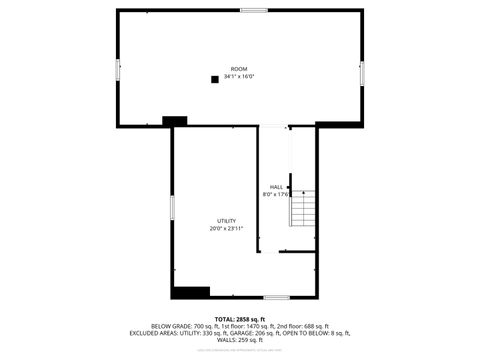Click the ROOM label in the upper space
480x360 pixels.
click(239, 68)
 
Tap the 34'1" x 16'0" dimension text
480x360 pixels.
click(239, 76)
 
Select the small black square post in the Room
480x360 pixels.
click(214, 78)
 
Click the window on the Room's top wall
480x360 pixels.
click(253, 10)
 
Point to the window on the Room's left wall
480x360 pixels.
click(119, 70)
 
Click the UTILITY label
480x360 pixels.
click(227, 220)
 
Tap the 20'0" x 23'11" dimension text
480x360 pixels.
click(227, 228)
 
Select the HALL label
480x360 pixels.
click(276, 187)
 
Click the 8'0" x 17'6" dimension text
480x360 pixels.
click(276, 195)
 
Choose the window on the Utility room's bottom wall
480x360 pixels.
click(277, 297)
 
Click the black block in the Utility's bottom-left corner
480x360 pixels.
click(190, 292)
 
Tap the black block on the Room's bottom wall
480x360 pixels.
click(175, 121)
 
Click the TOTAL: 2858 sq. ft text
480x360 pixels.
click(240, 319)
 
